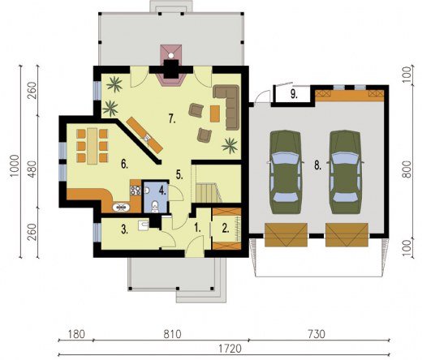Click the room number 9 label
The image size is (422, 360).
point(294,94)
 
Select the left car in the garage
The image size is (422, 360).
point(286,172)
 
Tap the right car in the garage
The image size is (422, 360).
point(346,172)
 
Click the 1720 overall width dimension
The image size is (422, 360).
point(230,349)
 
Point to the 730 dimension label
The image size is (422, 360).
point(316,334)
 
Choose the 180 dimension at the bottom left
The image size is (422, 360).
point(76,334)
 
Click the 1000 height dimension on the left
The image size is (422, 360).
point(15,165)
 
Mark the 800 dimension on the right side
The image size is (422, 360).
point(407,169)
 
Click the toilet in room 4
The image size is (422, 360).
point(155,207)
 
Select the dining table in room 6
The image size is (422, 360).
point(93,146)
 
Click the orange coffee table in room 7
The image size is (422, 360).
point(215,114)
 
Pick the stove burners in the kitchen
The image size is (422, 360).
point(136,191)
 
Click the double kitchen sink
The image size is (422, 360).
point(121,208)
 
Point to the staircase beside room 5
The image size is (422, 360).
point(206,193)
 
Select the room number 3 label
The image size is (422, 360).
point(124,230)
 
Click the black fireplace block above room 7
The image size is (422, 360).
point(171,69)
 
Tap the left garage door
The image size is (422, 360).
point(286,235)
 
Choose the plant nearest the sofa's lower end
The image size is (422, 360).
point(230,145)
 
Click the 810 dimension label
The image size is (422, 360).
point(172,334)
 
